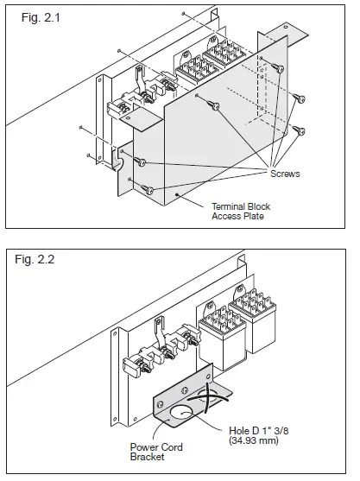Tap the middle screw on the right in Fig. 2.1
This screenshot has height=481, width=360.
pos(299,98)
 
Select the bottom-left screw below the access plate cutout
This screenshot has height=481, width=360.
pos(149,188)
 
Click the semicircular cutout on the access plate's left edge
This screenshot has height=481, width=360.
pos(122,161)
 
